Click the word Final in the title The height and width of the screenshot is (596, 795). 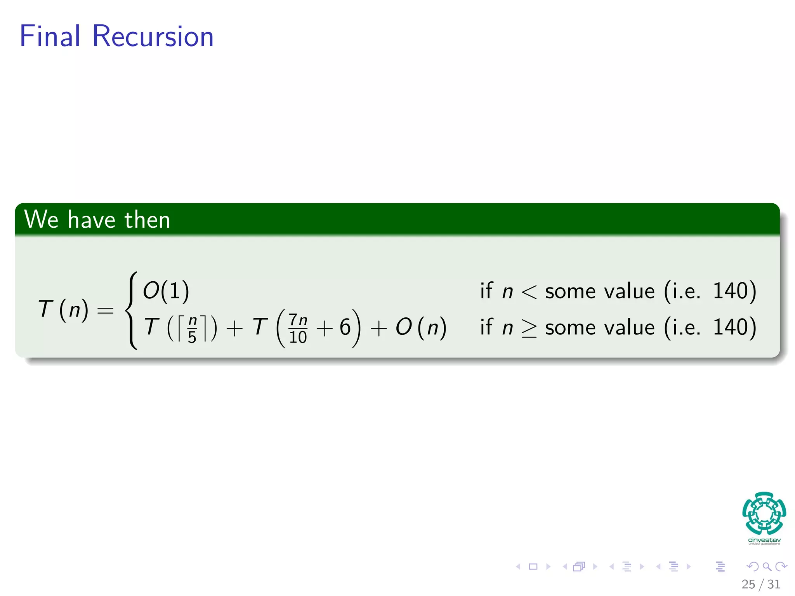(x=50, y=36)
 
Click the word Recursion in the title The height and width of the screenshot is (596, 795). (x=153, y=36)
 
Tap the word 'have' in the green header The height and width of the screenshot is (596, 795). (x=92, y=220)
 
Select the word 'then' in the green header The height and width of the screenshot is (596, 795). (x=148, y=220)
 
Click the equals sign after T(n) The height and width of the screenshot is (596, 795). (x=105, y=310)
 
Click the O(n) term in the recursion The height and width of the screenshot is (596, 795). (x=421, y=327)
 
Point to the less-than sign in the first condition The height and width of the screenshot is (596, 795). (x=529, y=292)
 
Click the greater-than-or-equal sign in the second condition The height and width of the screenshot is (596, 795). (x=529, y=328)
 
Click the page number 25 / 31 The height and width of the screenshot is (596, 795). (x=761, y=584)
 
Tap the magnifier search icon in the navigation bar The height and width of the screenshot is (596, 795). (x=767, y=567)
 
